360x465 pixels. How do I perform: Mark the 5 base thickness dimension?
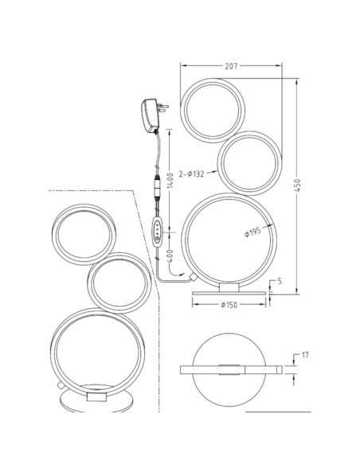point(279,281)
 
